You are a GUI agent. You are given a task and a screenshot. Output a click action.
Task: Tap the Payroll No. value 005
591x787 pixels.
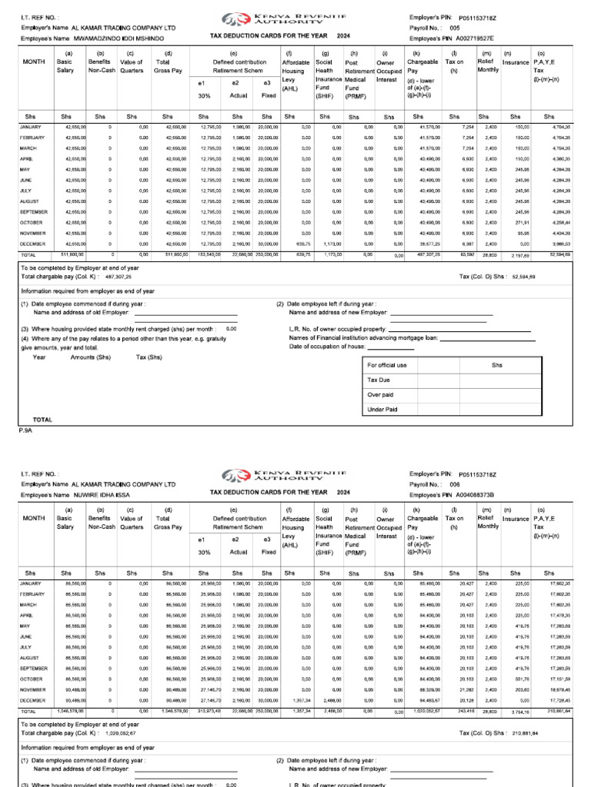pyautogui.click(x=455, y=27)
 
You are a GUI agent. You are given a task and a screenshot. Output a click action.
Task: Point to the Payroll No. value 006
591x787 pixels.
pyautogui.click(x=455, y=485)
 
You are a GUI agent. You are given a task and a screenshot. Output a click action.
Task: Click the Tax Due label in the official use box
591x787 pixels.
pyautogui.click(x=379, y=380)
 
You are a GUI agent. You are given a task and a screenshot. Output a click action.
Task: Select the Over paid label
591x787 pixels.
pyautogui.click(x=380, y=394)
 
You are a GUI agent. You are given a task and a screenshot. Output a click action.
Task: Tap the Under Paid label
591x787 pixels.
pyautogui.click(x=382, y=410)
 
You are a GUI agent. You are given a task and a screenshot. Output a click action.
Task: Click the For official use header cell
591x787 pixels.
pyautogui.click(x=387, y=365)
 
